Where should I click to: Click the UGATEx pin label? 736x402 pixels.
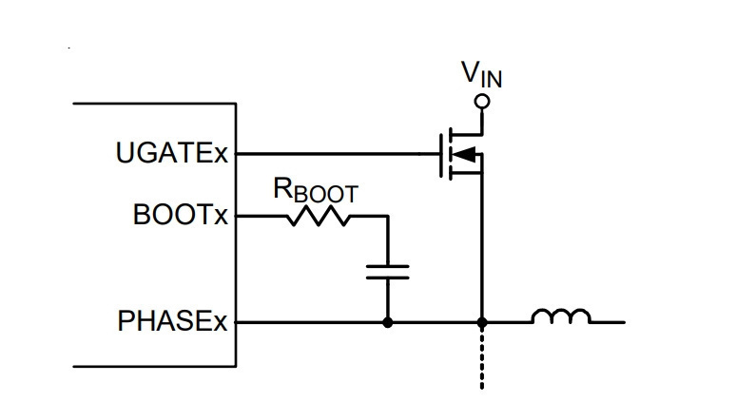pyautogui.click(x=172, y=153)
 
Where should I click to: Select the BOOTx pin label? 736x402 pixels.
pyautogui.click(x=181, y=215)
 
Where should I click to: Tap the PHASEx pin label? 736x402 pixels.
pyautogui.click(x=172, y=321)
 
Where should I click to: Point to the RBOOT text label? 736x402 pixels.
pyautogui.click(x=316, y=190)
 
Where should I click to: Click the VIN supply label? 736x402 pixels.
pyautogui.click(x=481, y=75)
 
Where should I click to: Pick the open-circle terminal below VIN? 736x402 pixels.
pyautogui.click(x=482, y=102)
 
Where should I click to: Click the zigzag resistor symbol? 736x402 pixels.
pyautogui.click(x=319, y=217)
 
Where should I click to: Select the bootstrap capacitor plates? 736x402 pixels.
pyautogui.click(x=388, y=272)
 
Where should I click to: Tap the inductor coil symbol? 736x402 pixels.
pyautogui.click(x=561, y=316)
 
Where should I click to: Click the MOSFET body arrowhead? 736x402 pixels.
pyautogui.click(x=466, y=154)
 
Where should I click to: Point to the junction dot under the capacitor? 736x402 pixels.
pyautogui.click(x=388, y=323)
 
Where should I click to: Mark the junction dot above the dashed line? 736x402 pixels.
pyautogui.click(x=482, y=323)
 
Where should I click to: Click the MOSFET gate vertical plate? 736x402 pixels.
pyautogui.click(x=441, y=156)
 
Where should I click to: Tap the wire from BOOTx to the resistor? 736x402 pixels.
pyautogui.click(x=261, y=217)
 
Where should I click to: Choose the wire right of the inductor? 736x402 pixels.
pyautogui.click(x=608, y=322)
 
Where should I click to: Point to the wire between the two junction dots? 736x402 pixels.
pyautogui.click(x=435, y=323)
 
